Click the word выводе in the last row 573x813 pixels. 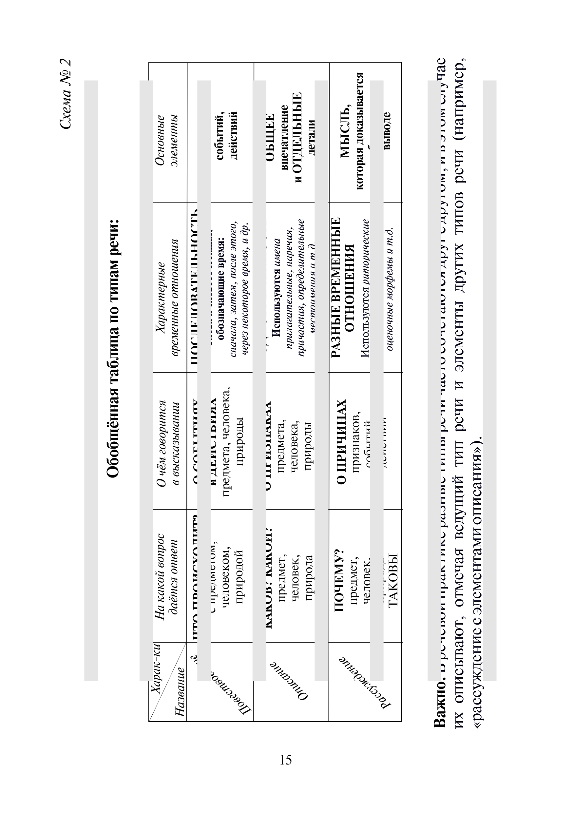tap(387, 131)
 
